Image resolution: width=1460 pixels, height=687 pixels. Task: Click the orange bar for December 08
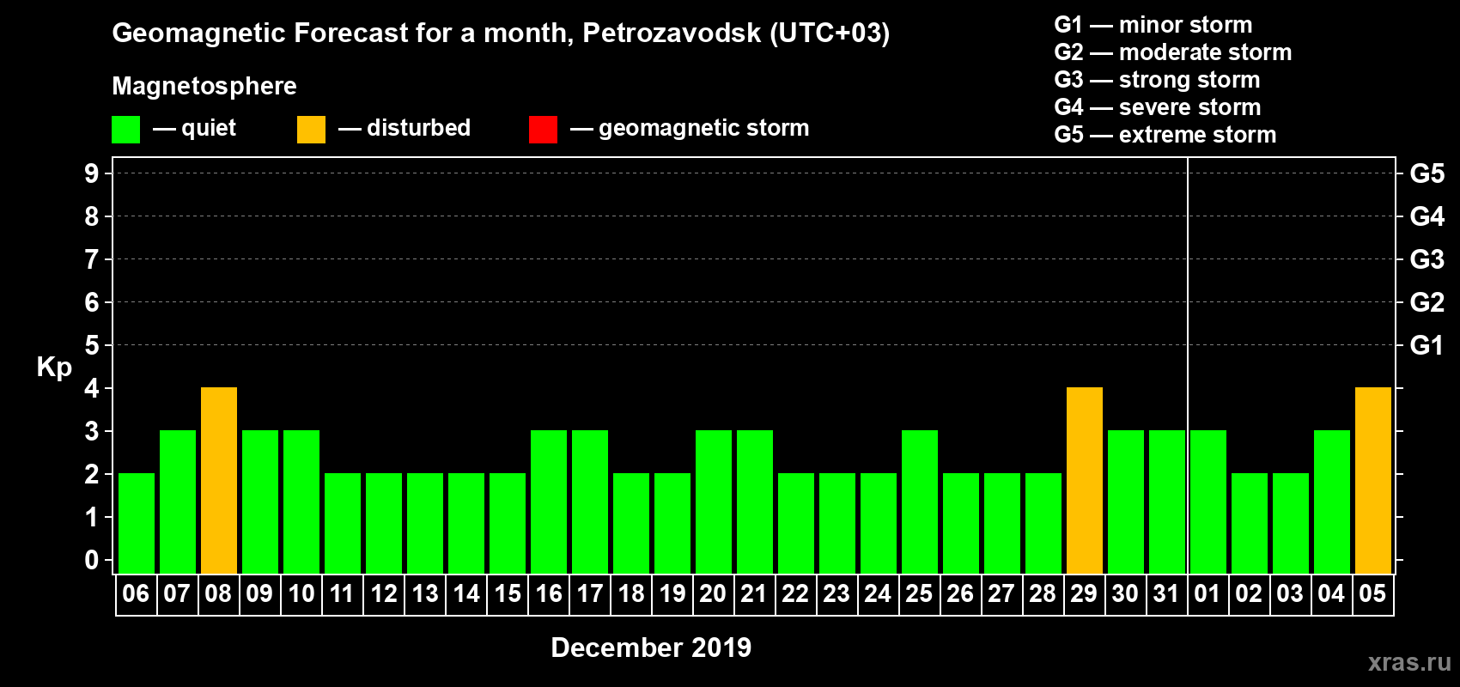pyautogui.click(x=219, y=480)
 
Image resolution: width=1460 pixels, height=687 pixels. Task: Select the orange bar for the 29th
pyautogui.click(x=1085, y=480)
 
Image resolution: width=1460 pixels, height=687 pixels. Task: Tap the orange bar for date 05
pyautogui.click(x=1373, y=480)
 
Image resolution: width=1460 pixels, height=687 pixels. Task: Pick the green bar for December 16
pyautogui.click(x=549, y=502)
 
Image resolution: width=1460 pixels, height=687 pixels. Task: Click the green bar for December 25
pyautogui.click(x=920, y=502)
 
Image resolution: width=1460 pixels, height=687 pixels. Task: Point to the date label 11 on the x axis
pyautogui.click(x=342, y=593)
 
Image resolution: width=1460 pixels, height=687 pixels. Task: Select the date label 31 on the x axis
pyautogui.click(x=1166, y=593)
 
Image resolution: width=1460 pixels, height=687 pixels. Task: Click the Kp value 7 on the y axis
pyautogui.click(x=92, y=259)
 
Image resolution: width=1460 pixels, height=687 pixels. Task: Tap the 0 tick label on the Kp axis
pyautogui.click(x=92, y=560)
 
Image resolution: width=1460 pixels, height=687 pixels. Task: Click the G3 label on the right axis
pyautogui.click(x=1427, y=259)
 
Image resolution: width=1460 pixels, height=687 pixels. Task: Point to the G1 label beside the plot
pyautogui.click(x=1427, y=345)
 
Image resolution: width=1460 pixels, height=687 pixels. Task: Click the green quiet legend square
pyautogui.click(x=126, y=130)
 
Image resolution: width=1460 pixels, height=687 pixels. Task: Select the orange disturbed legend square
pyautogui.click(x=311, y=130)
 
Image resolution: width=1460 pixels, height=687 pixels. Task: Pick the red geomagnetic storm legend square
pyautogui.click(x=543, y=130)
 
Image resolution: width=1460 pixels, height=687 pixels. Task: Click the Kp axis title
pyautogui.click(x=54, y=367)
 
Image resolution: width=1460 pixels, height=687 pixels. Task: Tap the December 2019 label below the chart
pyautogui.click(x=651, y=647)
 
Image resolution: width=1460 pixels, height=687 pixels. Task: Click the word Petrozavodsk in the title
pyautogui.click(x=672, y=33)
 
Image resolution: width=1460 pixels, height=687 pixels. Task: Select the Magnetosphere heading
pyautogui.click(x=204, y=86)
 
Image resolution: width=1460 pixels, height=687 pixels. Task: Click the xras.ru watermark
pyautogui.click(x=1409, y=662)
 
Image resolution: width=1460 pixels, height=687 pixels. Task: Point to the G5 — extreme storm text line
pyautogui.click(x=1165, y=135)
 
